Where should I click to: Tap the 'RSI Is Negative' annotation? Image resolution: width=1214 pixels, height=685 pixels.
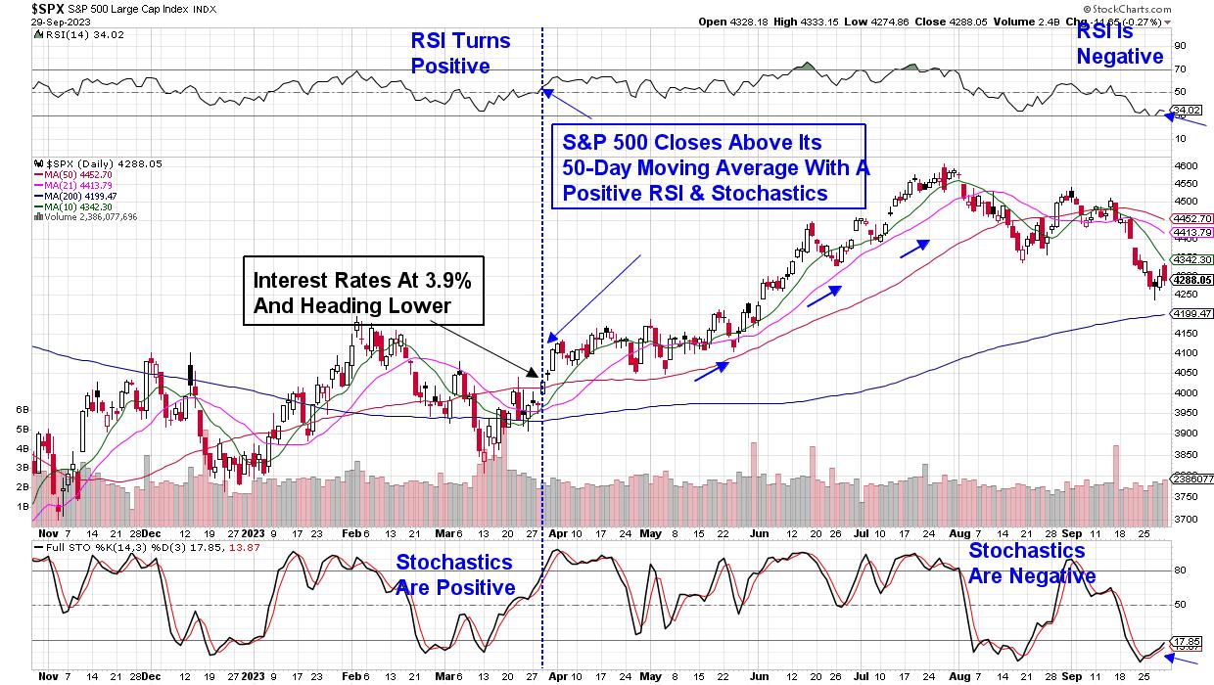tap(1120, 44)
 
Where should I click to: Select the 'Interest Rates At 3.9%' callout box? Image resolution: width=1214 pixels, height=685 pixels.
tap(362, 293)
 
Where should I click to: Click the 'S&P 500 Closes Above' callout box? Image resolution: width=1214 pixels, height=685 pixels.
tap(710, 166)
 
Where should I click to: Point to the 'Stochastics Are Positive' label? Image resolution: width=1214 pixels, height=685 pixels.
tap(454, 574)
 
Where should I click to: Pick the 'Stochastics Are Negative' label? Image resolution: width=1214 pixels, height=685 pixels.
tap(1032, 564)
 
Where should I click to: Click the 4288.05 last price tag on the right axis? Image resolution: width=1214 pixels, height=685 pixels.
tap(1187, 279)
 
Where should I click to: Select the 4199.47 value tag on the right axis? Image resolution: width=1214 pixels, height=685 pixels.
tap(1187, 314)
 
